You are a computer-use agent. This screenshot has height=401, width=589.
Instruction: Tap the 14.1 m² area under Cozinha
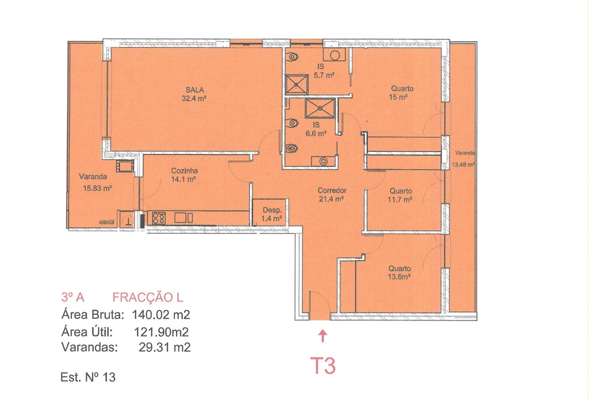184,179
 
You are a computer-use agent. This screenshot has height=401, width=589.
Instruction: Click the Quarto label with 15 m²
402,88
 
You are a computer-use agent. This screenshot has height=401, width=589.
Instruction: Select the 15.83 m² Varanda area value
98,188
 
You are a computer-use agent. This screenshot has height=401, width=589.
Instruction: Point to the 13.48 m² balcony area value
464,164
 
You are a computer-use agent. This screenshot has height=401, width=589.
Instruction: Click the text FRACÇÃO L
147,298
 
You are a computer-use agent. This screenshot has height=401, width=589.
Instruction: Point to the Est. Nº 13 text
88,378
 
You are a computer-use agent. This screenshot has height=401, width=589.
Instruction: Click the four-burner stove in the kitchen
158,218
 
